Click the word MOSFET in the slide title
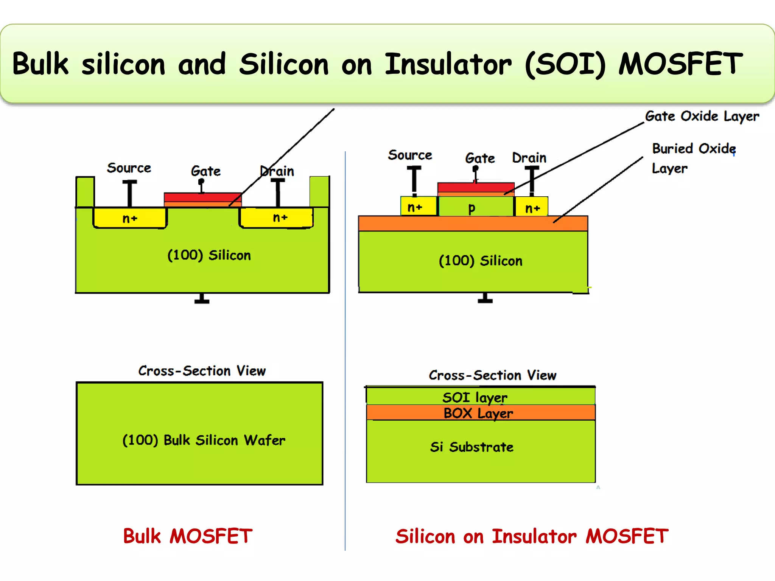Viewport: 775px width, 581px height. (x=680, y=64)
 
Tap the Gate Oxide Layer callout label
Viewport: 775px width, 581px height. (x=702, y=117)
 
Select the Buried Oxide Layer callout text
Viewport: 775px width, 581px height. (x=693, y=158)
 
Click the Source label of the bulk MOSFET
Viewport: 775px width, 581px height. (x=129, y=168)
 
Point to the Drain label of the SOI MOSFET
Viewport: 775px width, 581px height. (x=529, y=158)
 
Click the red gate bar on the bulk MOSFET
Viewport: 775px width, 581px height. (x=202, y=197)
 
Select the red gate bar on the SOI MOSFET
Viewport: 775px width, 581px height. (x=475, y=188)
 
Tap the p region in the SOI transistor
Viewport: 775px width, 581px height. (x=472, y=208)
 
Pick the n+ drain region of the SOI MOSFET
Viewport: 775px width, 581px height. (x=532, y=208)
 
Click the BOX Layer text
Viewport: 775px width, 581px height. (x=478, y=413)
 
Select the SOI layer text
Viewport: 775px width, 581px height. (x=475, y=398)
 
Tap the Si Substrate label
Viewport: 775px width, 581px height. (x=472, y=447)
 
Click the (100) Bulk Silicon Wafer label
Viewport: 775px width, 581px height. (x=204, y=440)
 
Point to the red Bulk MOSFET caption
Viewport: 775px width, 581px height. (x=188, y=536)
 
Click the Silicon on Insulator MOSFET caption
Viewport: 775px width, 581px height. (x=532, y=536)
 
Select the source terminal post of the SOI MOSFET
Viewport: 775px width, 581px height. (x=414, y=180)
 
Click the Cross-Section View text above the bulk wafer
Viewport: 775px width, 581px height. (x=202, y=371)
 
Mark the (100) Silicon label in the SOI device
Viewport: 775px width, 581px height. (x=480, y=261)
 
